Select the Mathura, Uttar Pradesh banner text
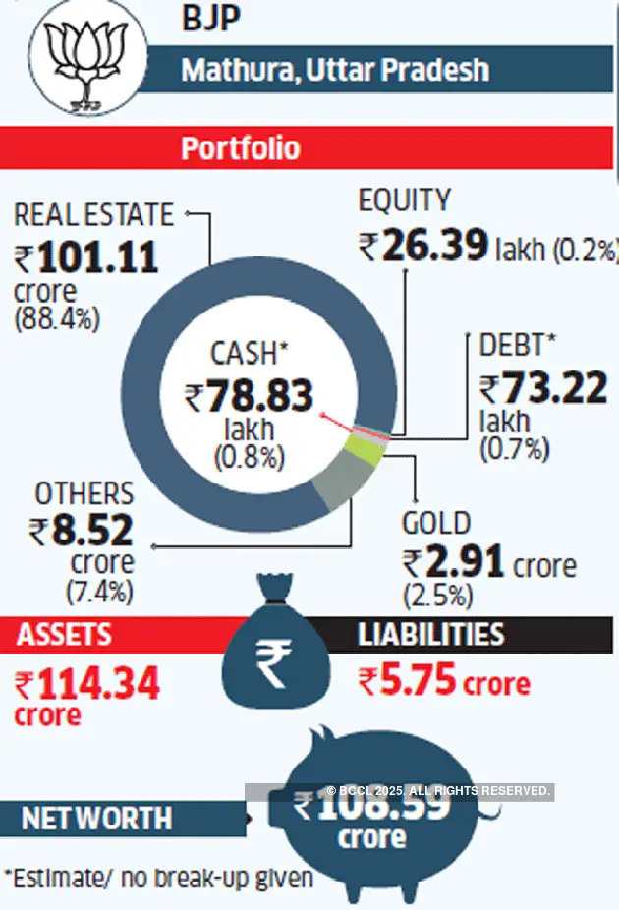click(335, 71)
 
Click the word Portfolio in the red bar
click(241, 148)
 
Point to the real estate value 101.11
click(97, 257)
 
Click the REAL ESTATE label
click(94, 215)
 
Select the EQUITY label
click(404, 201)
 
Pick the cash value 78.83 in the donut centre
click(261, 397)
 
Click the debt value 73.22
click(557, 389)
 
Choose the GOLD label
click(436, 523)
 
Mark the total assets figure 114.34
click(98, 683)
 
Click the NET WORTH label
click(96, 818)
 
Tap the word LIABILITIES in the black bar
click(431, 634)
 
